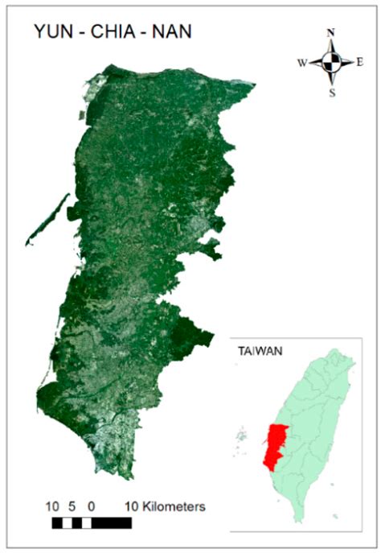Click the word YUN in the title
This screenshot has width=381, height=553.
pyautogui.click(x=52, y=32)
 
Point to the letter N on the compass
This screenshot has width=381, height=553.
pyautogui.click(x=330, y=33)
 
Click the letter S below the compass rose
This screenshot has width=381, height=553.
pyautogui.click(x=331, y=91)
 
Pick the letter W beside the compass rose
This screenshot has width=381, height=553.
pyautogui.click(x=302, y=62)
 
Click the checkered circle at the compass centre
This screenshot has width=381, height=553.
pyautogui.click(x=330, y=62)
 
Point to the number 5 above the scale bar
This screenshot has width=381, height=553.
pyautogui.click(x=72, y=507)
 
